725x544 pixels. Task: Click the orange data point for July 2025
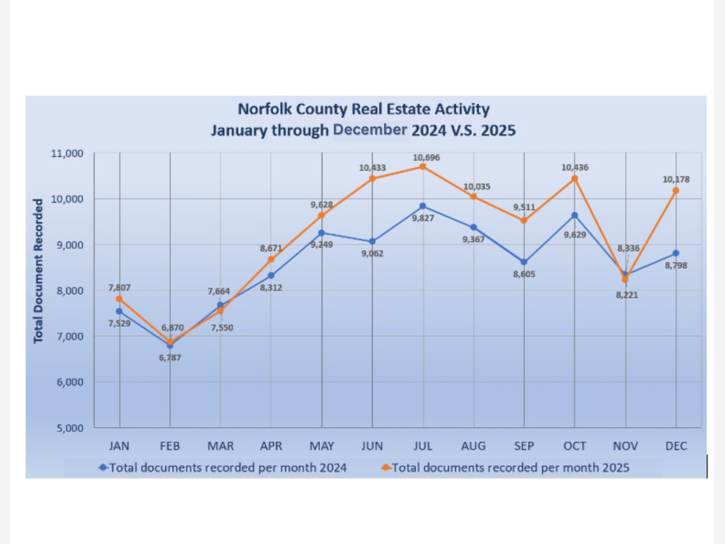pyautogui.click(x=423, y=167)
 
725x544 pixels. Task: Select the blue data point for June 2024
pyautogui.click(x=372, y=241)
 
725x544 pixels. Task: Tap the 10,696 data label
pyautogui.click(x=423, y=157)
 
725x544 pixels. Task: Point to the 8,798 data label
pyautogui.click(x=675, y=265)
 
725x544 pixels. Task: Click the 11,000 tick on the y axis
pyautogui.click(x=67, y=153)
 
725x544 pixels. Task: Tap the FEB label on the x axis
pyautogui.click(x=170, y=446)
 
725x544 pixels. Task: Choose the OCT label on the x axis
pyautogui.click(x=575, y=446)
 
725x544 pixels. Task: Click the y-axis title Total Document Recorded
pyautogui.click(x=39, y=270)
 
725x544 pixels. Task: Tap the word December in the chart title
pyautogui.click(x=371, y=130)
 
